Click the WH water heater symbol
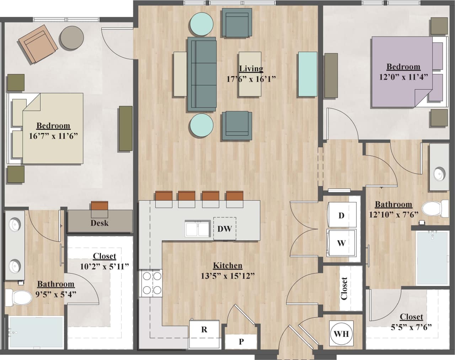click(342, 334)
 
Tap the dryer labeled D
click(342, 216)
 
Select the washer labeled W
click(342, 243)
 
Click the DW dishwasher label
click(225, 228)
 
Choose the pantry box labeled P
click(241, 342)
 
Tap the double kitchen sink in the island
click(197, 229)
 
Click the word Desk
click(100, 223)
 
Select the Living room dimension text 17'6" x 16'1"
click(251, 79)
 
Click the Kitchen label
click(227, 265)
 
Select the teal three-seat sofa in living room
click(202, 74)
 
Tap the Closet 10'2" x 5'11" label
click(105, 261)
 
